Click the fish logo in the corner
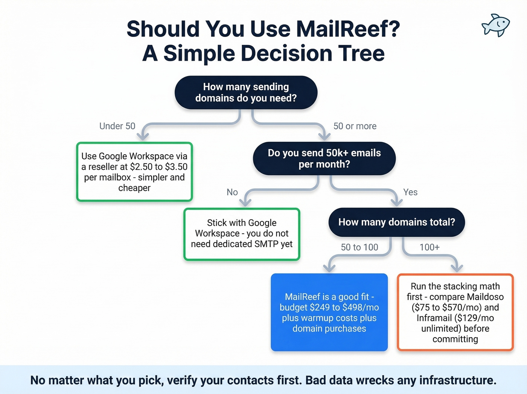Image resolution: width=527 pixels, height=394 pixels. coord(495,26)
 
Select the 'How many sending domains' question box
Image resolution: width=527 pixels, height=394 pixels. coord(246,92)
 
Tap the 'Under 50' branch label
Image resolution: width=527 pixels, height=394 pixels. coord(117,126)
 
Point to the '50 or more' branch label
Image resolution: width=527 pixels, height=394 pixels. coord(355,126)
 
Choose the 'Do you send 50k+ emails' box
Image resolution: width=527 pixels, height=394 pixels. coord(324,158)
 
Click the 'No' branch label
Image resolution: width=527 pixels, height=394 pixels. coord(232,192)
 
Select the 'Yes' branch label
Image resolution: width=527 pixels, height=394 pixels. coord(410,192)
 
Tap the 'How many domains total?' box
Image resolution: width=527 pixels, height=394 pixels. coord(396,222)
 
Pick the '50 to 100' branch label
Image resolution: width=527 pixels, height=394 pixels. coord(359,247)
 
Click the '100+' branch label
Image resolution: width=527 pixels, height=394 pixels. coord(429,247)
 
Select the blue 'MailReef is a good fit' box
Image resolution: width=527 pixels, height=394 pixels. coord(329,313)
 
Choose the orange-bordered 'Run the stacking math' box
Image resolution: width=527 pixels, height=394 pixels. coord(455,313)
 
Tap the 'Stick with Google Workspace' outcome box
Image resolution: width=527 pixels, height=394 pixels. coord(242,234)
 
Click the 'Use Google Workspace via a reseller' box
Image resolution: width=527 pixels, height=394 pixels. coord(134,172)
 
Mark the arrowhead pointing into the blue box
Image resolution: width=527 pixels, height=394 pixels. coord(329,268)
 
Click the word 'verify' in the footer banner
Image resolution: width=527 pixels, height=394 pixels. coord(182,380)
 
